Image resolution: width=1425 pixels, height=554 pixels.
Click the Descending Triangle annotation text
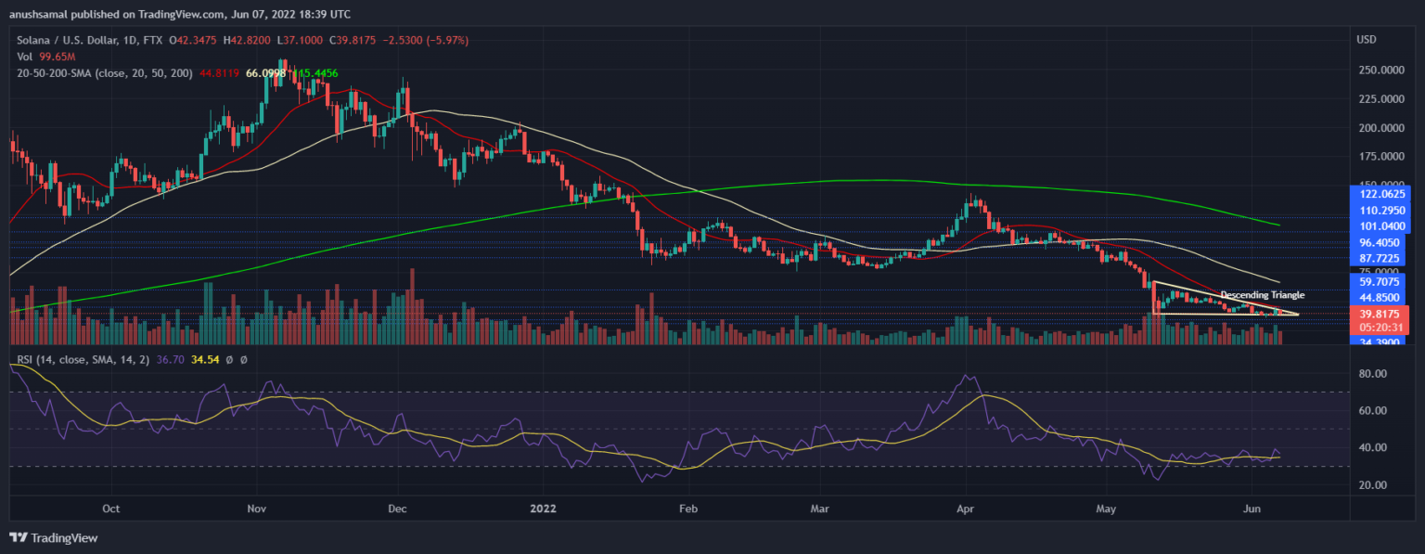pyautogui.click(x=1262, y=294)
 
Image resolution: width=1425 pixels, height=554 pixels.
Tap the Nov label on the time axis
pyautogui.click(x=258, y=509)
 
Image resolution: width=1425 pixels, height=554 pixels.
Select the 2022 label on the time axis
pyautogui.click(x=546, y=509)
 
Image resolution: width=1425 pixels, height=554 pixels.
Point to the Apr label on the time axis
pyautogui.click(x=966, y=509)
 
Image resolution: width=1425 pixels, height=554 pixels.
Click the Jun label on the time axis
pyautogui.click(x=1252, y=509)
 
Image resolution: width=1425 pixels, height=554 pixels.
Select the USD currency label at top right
pyautogui.click(x=1366, y=40)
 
